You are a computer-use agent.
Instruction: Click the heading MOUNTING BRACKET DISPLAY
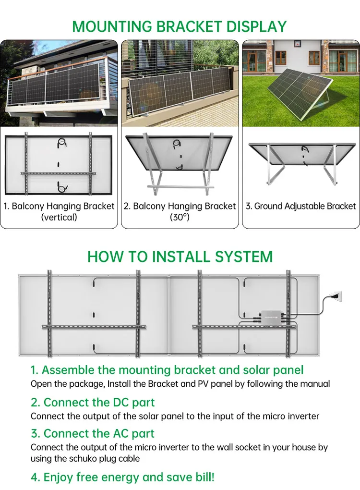180,26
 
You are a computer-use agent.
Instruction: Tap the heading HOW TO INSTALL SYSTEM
180,257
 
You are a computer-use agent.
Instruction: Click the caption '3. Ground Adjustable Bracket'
301,206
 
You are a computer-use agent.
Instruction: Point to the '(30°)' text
180,217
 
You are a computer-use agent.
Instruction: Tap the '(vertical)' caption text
59,217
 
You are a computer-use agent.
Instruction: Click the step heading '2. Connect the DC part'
93,402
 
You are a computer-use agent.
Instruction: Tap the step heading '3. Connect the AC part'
93,433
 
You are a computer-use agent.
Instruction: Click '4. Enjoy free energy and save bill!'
122,477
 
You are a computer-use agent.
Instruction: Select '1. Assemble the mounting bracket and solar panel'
167,370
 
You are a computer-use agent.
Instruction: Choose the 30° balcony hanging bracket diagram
180,163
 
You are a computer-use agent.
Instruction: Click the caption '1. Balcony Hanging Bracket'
59,206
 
